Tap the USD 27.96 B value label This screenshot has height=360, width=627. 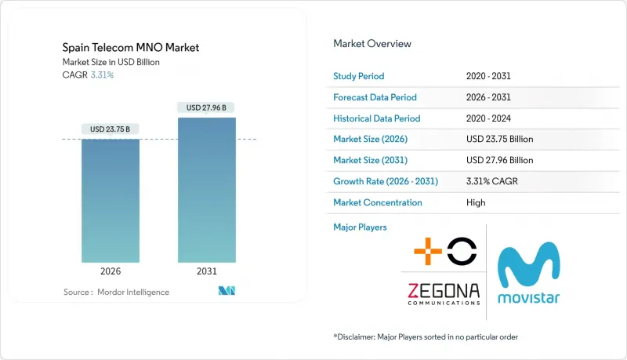207,107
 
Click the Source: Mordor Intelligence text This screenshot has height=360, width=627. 116,292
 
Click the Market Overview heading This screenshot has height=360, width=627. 372,44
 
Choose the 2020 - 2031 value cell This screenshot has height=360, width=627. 489,76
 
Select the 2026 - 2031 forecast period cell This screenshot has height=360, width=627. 489,97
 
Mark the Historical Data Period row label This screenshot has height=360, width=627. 377,118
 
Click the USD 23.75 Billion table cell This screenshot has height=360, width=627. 500,139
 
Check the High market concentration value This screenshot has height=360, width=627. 475,202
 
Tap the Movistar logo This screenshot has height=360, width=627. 529,275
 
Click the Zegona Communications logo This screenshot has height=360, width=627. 443,293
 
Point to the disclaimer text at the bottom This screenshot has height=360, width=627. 426,336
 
